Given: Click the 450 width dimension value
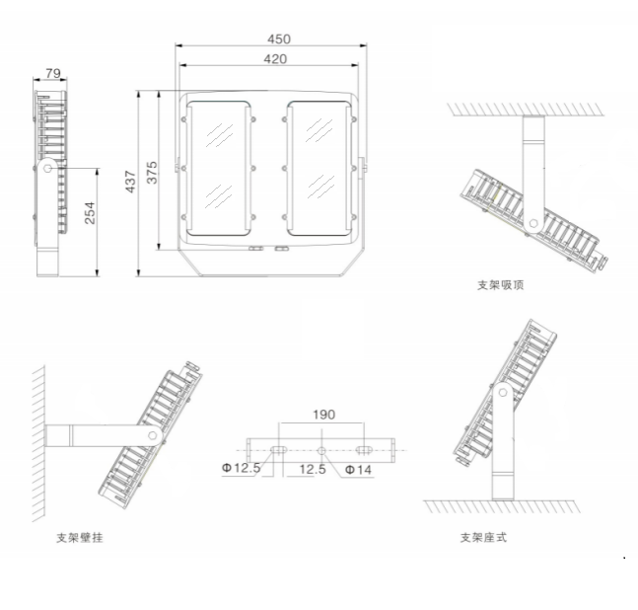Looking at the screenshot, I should click(x=279, y=39).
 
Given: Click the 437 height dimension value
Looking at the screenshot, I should click(x=131, y=180).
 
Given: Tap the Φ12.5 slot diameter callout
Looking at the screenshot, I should click(x=241, y=469).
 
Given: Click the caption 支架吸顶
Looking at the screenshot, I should click(x=500, y=285).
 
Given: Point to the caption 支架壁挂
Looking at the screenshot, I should click(x=80, y=538).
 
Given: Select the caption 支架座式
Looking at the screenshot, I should click(x=484, y=538).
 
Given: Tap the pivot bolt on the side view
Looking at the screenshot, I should click(x=47, y=169).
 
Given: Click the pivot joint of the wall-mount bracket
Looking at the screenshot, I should click(x=153, y=434).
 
